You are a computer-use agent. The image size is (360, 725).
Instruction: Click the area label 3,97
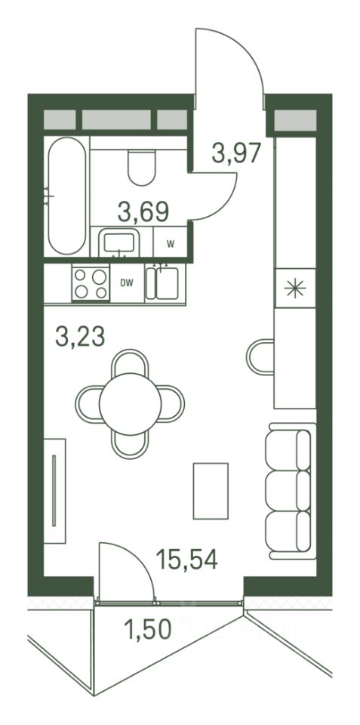tap(237, 153)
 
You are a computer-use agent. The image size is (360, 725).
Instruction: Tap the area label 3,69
tap(143, 212)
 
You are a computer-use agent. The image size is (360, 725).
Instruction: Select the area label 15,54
tap(186, 559)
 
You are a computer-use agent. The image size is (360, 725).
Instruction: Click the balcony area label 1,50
tap(148, 629)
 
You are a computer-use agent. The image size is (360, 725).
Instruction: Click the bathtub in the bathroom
tap(67, 196)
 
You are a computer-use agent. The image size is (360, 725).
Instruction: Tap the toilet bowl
tap(141, 167)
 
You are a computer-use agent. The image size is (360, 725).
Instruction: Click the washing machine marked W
tap(170, 242)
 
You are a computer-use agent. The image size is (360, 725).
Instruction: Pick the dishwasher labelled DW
tap(127, 283)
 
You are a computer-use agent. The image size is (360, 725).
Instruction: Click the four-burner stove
tap(91, 283)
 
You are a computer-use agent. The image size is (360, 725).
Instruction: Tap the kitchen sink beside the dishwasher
tap(165, 283)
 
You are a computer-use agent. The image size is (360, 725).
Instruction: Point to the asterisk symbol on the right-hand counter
tap(295, 288)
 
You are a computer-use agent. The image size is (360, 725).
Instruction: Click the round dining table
tap(131, 403)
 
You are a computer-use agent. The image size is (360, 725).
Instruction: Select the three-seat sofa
tap(291, 491)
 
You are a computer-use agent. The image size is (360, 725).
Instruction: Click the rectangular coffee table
tap(211, 491)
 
